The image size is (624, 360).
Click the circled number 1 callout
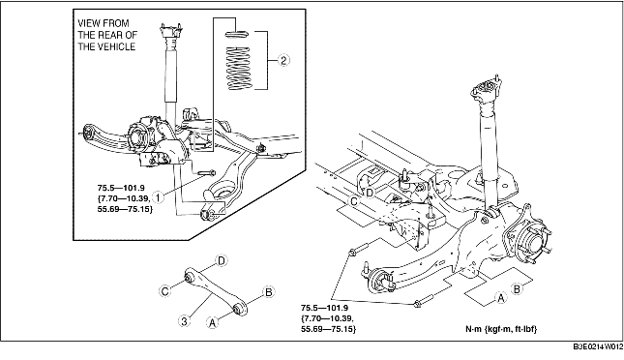pyautogui.click(x=158, y=197)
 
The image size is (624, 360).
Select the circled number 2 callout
pyautogui.click(x=283, y=60)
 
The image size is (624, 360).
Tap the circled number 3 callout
pyautogui.click(x=184, y=321)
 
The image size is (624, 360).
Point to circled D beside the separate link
pyautogui.click(x=222, y=261)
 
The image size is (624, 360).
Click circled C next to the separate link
pyautogui.click(x=165, y=290)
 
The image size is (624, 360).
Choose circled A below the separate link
pyautogui.click(x=213, y=321)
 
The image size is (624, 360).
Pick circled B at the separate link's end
pyautogui.click(x=269, y=292)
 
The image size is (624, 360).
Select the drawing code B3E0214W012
pyautogui.click(x=598, y=346)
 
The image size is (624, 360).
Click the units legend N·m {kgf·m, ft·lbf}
pyautogui.click(x=501, y=329)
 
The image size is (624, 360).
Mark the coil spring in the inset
pyautogui.click(x=238, y=68)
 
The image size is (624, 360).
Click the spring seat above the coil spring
pyautogui.click(x=237, y=34)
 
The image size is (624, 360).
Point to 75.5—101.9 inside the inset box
pyautogui.click(x=121, y=187)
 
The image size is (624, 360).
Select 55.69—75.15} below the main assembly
pyautogui.click(x=329, y=329)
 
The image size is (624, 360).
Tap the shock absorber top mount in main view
pyautogui.click(x=486, y=90)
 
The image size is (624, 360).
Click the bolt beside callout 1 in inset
pyautogui.click(x=205, y=173)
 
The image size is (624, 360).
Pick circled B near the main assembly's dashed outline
pyautogui.click(x=517, y=288)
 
